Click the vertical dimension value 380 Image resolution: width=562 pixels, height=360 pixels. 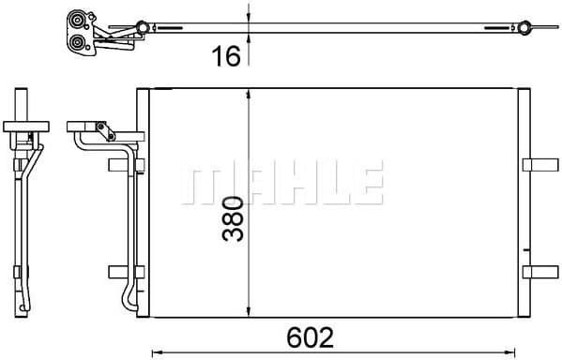(x=233, y=217)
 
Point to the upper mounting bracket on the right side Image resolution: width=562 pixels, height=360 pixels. (x=539, y=165)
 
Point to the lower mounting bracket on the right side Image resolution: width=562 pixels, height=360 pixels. (x=539, y=272)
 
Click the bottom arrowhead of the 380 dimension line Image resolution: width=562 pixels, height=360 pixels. (x=248, y=313)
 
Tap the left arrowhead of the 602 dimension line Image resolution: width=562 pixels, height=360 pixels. (x=157, y=352)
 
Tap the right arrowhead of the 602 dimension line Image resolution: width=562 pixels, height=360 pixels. (x=520, y=352)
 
